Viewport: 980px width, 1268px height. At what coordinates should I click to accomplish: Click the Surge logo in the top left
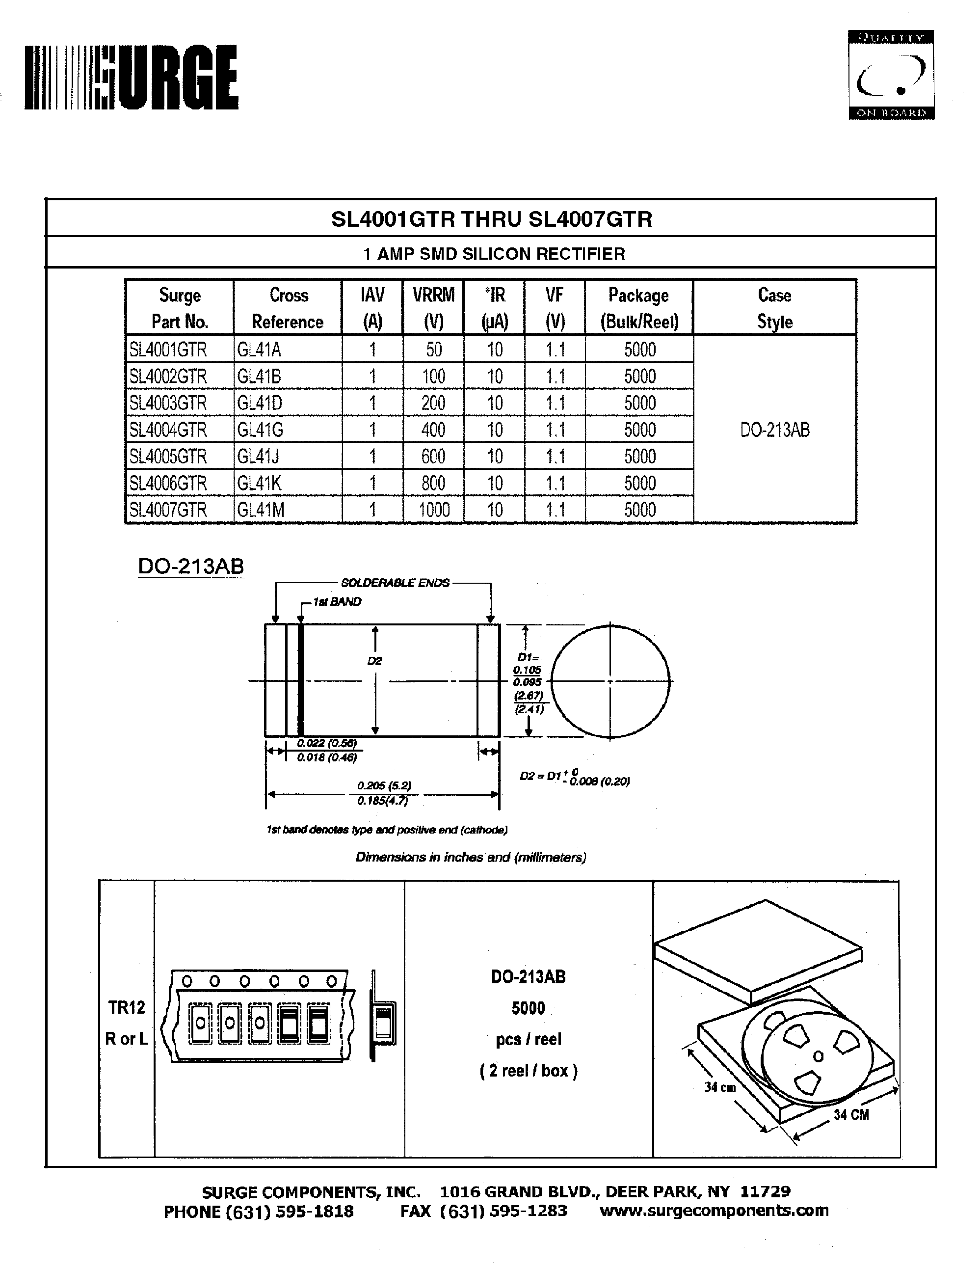coord(131,77)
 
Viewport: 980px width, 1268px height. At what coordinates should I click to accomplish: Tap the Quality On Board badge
coord(891,75)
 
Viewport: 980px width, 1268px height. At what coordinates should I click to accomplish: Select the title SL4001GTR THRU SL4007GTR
coord(491,219)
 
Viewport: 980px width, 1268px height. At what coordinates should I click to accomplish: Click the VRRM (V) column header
coord(433,308)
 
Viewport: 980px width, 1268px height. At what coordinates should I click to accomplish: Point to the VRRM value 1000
coord(434,510)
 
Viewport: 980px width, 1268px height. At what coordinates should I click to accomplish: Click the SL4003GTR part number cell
coord(168,403)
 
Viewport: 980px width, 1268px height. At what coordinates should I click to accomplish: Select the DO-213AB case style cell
coord(774,430)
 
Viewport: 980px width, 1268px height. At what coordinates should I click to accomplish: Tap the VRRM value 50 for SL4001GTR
coord(433,350)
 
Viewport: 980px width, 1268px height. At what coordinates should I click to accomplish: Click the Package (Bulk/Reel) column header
coord(639,308)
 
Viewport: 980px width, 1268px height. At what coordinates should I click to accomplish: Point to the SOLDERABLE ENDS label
coord(395,583)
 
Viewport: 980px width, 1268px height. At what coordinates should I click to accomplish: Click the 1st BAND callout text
coord(337,601)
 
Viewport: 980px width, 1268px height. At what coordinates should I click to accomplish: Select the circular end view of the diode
coord(610,681)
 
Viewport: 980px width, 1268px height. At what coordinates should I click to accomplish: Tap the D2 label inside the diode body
coord(375,661)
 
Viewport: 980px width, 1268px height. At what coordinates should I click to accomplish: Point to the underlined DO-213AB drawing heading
coord(191,566)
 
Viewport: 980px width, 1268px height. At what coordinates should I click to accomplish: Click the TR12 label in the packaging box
coord(127,1007)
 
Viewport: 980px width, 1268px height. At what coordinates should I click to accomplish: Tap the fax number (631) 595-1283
coord(503,1211)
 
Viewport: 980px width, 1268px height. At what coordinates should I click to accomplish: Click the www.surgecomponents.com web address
coord(714,1211)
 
